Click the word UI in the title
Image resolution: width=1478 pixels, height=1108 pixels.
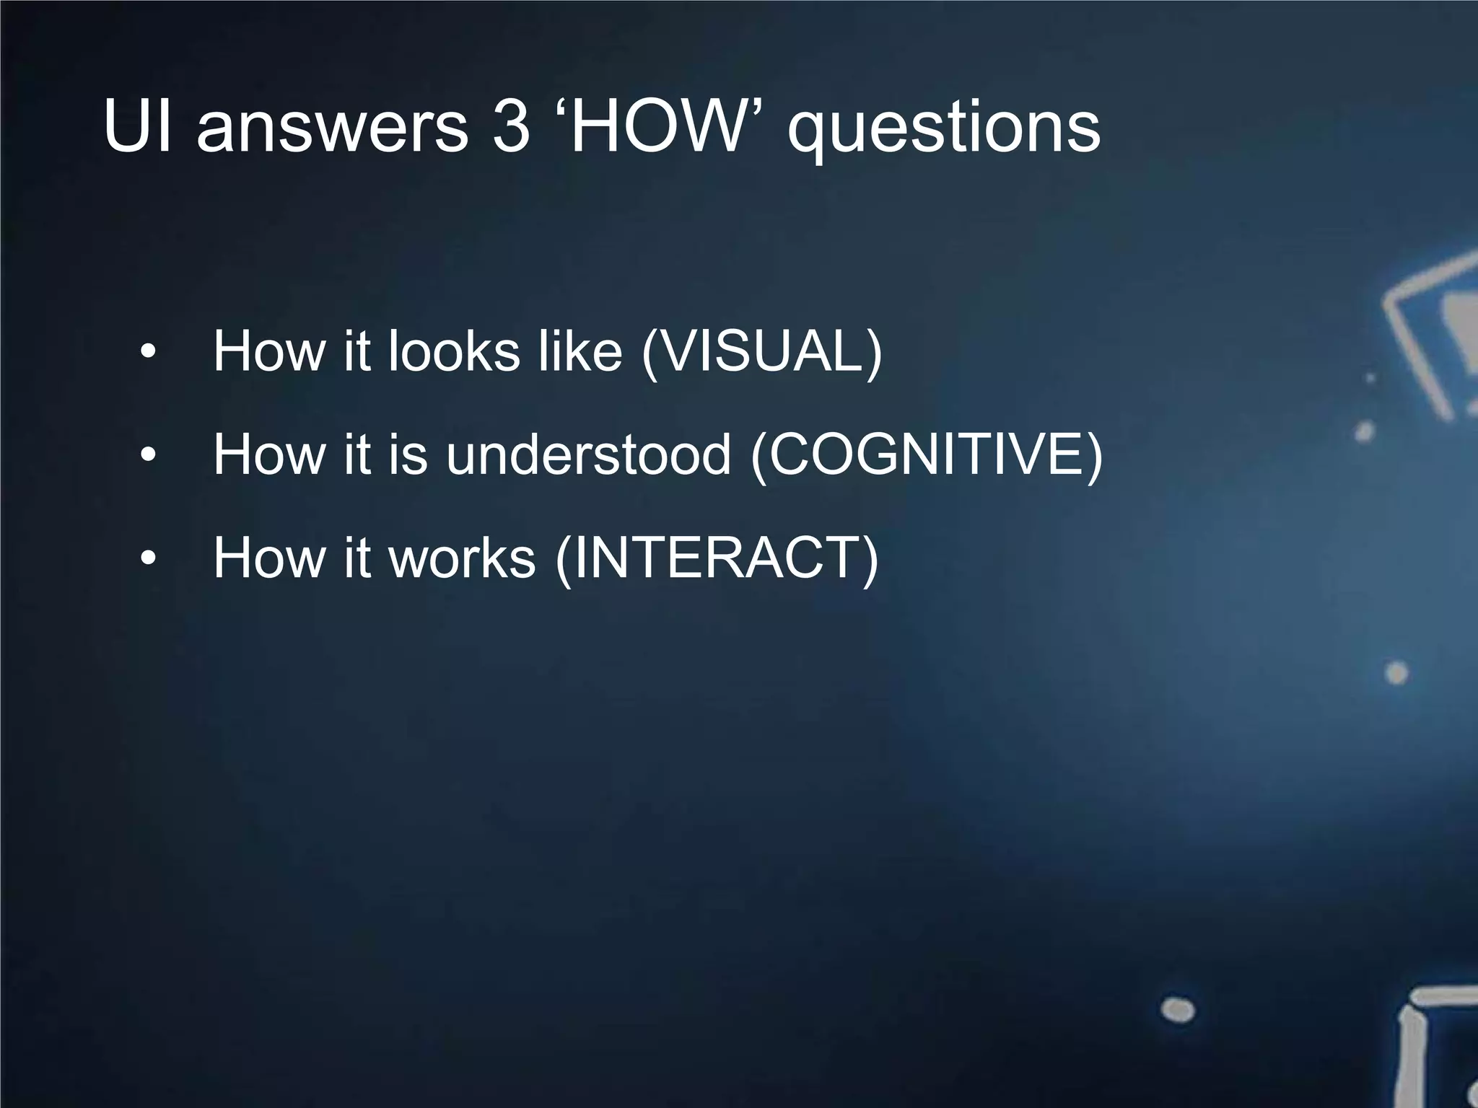[137, 127]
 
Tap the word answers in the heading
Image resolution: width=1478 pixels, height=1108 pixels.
[332, 128]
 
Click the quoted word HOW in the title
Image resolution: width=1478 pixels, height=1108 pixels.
[656, 127]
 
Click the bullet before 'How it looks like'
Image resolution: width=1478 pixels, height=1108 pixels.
[148, 352]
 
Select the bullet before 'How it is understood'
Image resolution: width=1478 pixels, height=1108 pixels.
[148, 455]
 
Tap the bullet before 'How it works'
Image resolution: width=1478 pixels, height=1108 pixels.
[148, 558]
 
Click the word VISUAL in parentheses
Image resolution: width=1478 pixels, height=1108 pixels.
[761, 352]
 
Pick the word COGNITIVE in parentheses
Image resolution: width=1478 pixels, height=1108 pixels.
[927, 455]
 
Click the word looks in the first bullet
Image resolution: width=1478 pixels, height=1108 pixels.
[454, 352]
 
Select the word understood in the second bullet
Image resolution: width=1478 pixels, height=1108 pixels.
[588, 455]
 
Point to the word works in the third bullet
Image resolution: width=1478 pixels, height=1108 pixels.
[462, 558]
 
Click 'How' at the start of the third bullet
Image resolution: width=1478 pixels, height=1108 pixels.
[269, 558]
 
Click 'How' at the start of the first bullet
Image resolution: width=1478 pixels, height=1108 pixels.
[269, 352]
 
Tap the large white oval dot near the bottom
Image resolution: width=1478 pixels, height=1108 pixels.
[1178, 1009]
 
